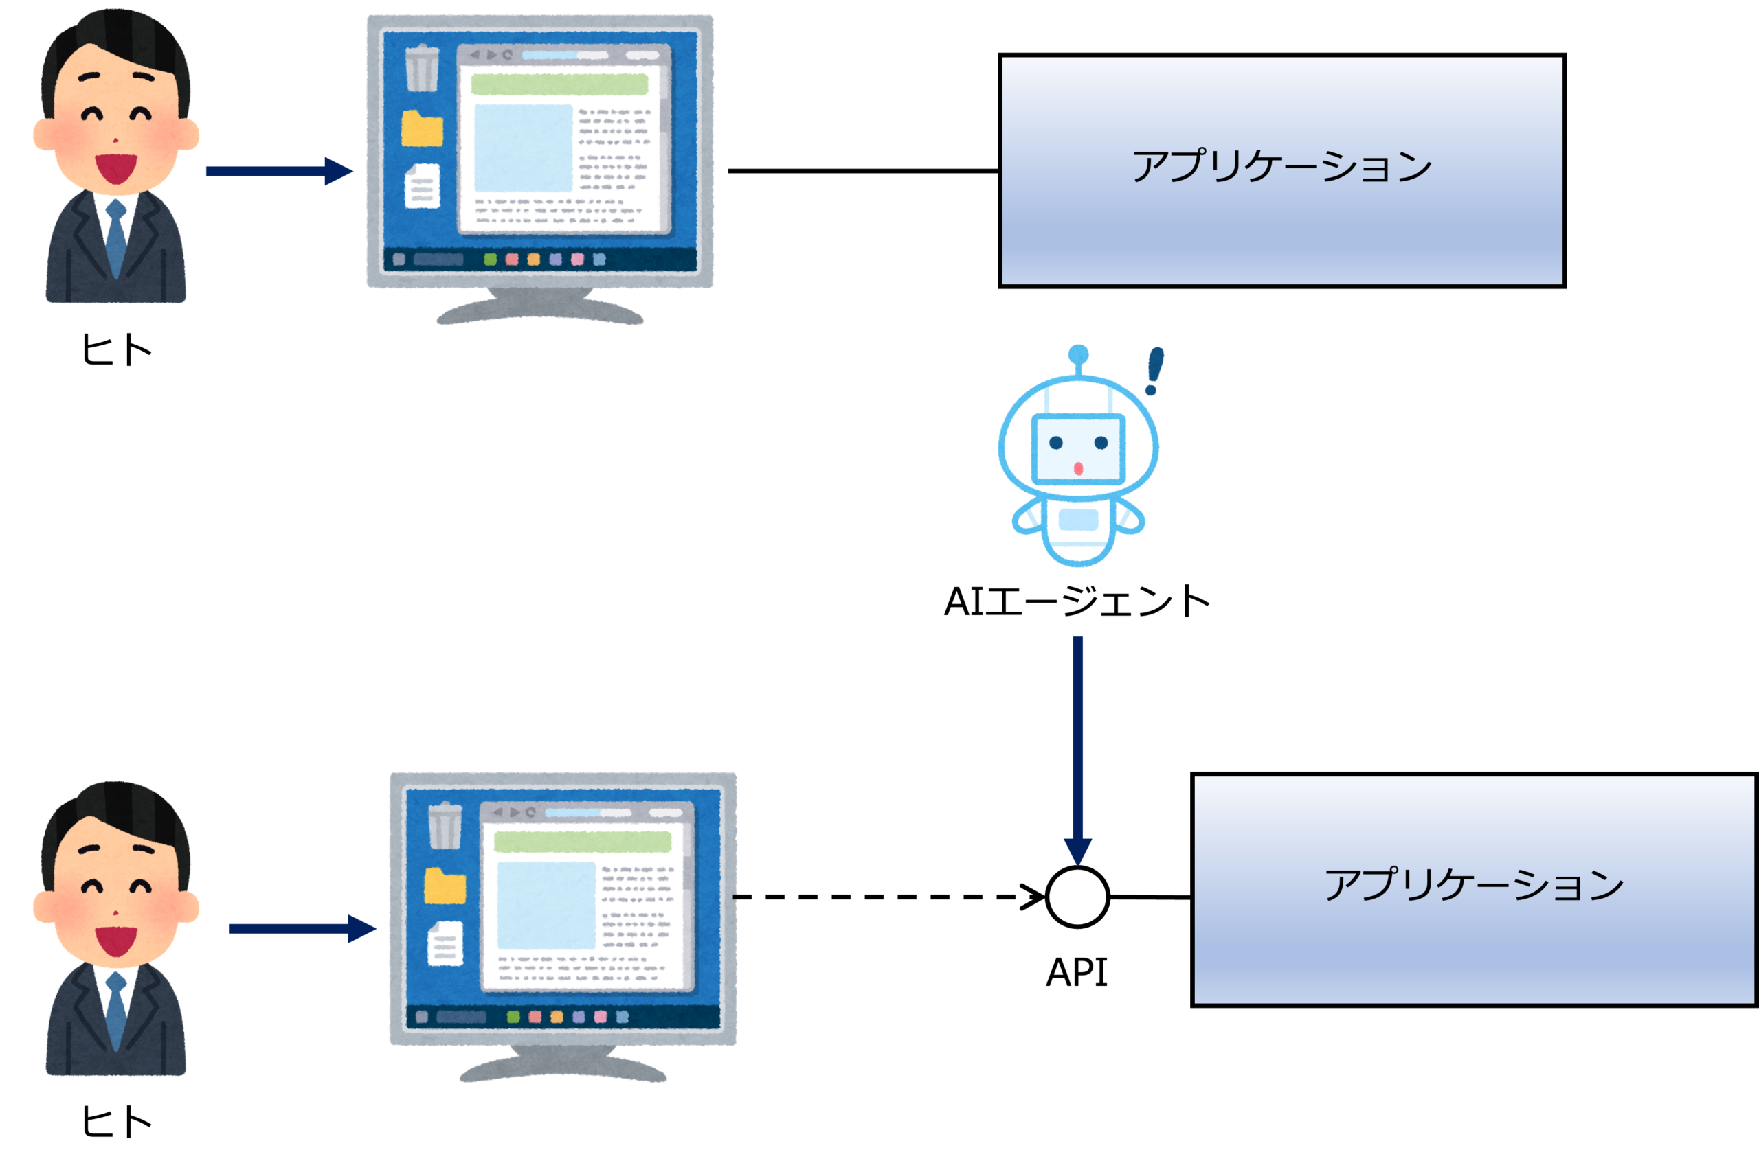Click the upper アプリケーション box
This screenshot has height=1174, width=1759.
[x=1281, y=171]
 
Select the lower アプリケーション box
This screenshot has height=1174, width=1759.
[x=1474, y=890]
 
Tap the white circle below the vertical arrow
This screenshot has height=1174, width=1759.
[x=1077, y=896]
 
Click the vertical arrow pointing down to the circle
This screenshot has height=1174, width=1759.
[x=1078, y=741]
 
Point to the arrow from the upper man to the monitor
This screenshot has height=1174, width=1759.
[x=277, y=171]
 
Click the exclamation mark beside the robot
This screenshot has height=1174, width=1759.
[x=1154, y=370]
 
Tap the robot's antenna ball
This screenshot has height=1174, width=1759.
[x=1078, y=354]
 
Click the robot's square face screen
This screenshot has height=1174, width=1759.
[x=1078, y=449]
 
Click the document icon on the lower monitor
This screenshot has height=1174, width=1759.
[x=445, y=943]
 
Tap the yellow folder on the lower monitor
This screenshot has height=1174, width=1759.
[x=445, y=886]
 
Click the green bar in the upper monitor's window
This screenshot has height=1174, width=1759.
[x=559, y=84]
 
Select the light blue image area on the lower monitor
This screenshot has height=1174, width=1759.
[x=546, y=904]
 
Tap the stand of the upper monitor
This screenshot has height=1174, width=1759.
[x=540, y=308]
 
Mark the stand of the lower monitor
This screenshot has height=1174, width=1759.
[x=563, y=1066]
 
